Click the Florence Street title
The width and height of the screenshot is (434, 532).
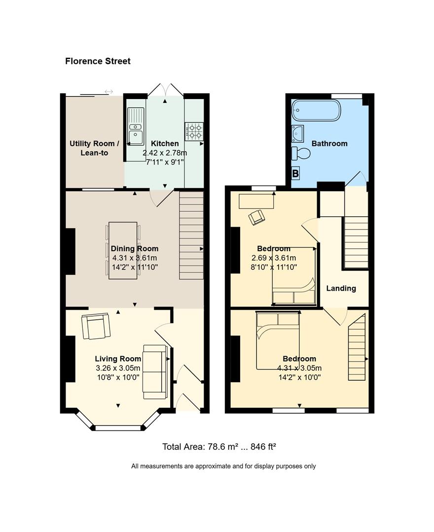tap(98, 61)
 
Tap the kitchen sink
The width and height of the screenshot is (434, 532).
tap(136, 126)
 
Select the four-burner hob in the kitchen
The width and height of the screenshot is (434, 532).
tap(194, 132)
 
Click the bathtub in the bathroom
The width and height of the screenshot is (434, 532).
tap(316, 110)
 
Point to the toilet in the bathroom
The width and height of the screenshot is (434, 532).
tap(301, 153)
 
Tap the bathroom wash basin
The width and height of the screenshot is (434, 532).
tap(298, 133)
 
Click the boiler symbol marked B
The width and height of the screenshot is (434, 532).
tap(295, 173)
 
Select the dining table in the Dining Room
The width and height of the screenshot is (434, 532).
tap(123, 250)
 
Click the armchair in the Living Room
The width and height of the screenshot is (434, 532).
tap(96, 327)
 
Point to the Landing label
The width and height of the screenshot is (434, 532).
tap(341, 288)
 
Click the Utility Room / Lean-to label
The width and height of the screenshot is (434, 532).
tap(94, 148)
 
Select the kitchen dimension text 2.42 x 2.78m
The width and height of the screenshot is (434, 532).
tap(165, 153)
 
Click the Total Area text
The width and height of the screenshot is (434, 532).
tap(219, 446)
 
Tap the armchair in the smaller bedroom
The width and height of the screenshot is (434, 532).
tap(257, 217)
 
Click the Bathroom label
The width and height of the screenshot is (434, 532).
tap(329, 143)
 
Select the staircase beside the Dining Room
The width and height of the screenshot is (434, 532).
tap(191, 235)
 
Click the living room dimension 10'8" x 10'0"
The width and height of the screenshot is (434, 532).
tap(118, 377)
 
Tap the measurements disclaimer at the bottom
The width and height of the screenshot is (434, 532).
tap(223, 466)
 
